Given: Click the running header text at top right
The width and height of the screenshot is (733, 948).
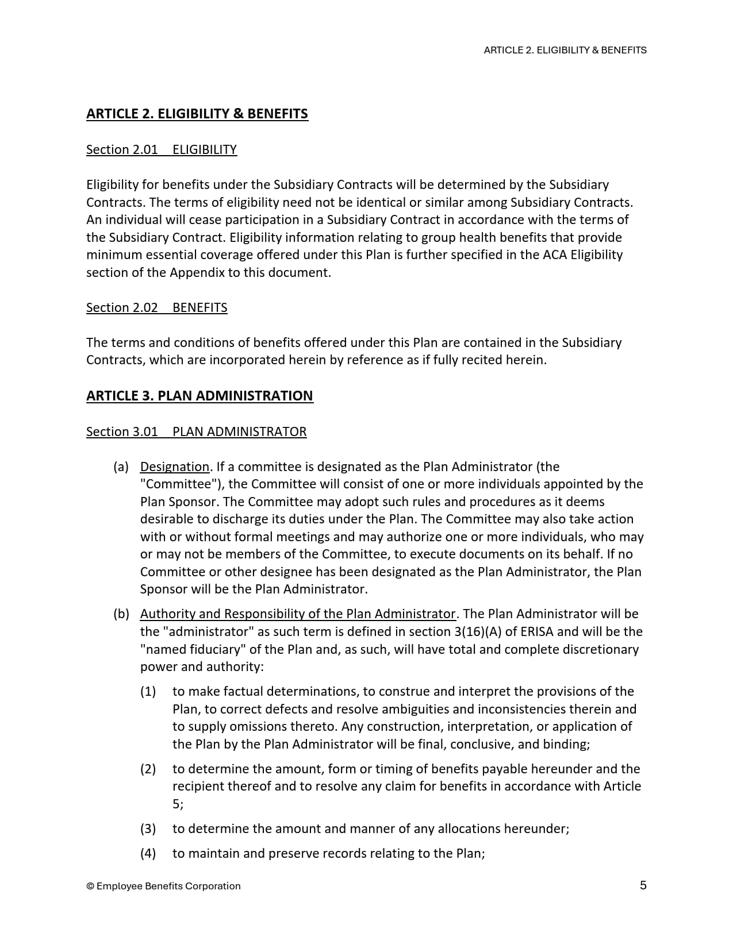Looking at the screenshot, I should [565, 50].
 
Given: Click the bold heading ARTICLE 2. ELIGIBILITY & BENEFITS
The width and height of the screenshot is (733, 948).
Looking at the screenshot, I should [197, 114].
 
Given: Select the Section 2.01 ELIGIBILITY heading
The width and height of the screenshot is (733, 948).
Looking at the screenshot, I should [161, 149].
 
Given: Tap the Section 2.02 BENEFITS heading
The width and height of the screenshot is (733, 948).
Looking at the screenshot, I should [156, 307].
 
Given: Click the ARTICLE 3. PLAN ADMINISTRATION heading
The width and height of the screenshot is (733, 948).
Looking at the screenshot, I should [199, 396].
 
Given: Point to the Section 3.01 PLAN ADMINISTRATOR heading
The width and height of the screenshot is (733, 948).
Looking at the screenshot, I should [196, 431].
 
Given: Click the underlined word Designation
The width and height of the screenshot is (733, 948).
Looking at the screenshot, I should [174, 467].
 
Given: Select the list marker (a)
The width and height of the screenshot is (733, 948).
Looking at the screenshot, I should [121, 467].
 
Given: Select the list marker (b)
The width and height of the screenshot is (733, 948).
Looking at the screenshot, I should [121, 614].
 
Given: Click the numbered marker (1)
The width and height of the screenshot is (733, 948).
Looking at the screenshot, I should [148, 691].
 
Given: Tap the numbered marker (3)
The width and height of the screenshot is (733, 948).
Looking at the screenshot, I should [148, 828].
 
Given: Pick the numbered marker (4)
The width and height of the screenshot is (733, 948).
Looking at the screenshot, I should [148, 853].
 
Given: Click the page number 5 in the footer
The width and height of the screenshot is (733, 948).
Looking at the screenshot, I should [643, 885].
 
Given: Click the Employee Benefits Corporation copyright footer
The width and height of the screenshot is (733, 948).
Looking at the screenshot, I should [163, 886].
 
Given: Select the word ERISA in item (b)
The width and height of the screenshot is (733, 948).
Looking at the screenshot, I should [537, 631].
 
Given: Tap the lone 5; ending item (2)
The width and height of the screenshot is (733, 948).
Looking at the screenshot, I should [178, 804].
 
